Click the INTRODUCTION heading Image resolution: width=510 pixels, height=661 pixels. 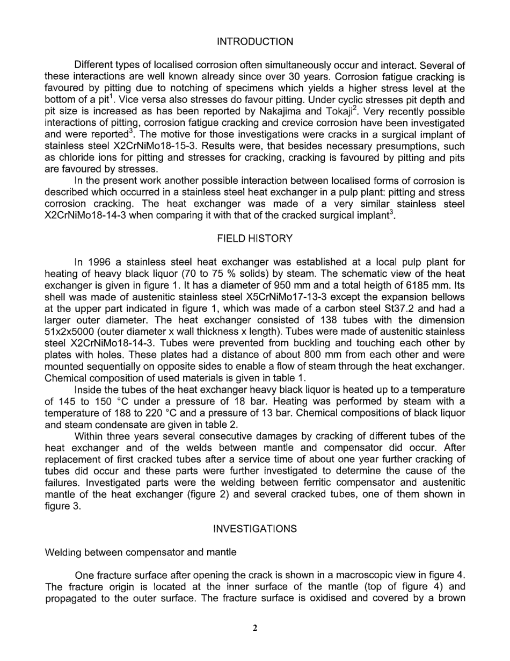click(255, 42)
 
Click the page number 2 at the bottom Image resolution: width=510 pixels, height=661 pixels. click(255, 628)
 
